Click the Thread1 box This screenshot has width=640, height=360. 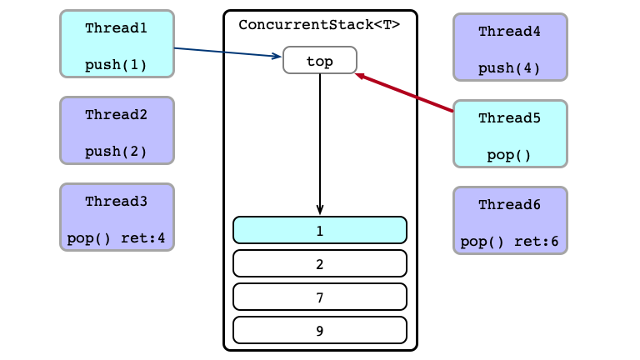pos(117,43)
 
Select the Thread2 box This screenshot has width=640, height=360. pos(117,131)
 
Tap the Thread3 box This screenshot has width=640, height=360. pos(117,217)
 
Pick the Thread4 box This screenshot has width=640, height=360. pos(510,47)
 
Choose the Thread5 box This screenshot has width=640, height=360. pos(510,134)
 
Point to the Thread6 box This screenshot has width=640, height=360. pos(510,220)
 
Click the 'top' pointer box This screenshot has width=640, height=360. pos(320,60)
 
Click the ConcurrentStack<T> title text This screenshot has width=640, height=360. pos(319,25)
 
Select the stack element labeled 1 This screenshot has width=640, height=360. pos(320,230)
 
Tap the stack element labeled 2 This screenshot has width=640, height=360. pos(320,263)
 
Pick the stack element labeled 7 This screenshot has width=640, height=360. pos(320,297)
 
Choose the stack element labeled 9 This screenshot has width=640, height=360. pos(320,330)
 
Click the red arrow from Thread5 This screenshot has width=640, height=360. pos(404,92)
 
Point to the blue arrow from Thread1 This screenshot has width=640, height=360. pos(227,52)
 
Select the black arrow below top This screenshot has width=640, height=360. pos(320,144)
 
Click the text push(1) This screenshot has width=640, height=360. pos(116,65)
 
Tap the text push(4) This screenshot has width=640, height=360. pos(509,68)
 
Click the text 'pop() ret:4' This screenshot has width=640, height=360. pos(116,238)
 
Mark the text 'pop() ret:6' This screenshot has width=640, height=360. pos(509,242)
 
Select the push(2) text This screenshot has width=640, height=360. pos(116,152)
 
